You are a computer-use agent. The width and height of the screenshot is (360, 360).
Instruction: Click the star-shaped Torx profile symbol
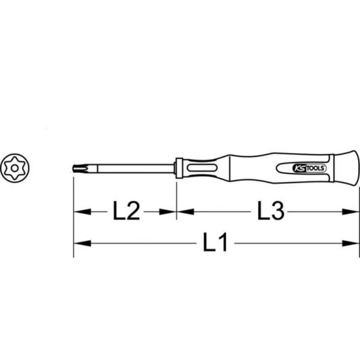point(15,168)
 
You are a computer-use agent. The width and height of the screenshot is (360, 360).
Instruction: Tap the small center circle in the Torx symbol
point(15,168)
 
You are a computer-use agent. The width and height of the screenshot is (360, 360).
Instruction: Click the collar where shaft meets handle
point(179,168)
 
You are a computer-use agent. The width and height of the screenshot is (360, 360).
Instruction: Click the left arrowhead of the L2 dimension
point(81,211)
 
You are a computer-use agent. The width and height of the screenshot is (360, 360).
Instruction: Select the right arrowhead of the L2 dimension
point(169,211)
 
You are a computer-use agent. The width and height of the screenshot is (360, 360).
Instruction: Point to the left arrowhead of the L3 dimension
point(184,211)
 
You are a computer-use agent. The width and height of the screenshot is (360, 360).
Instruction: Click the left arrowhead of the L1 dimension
point(81,243)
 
